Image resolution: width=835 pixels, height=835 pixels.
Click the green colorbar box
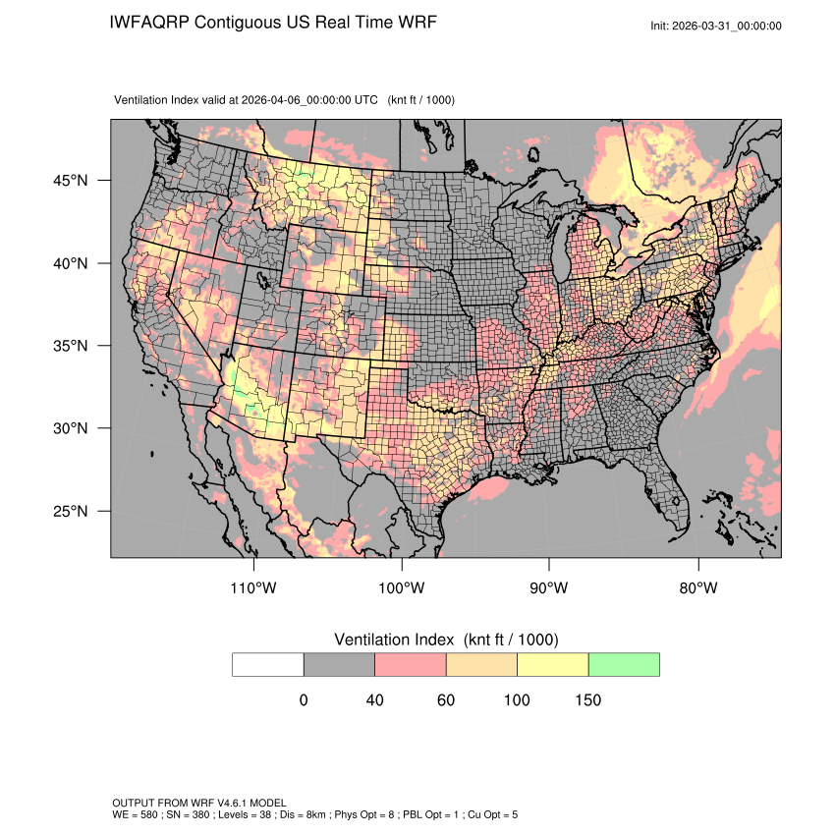[624, 664]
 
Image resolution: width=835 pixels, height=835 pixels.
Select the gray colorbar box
[339, 664]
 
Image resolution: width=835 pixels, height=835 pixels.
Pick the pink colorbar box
[411, 664]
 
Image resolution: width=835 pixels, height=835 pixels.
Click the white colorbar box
[268, 664]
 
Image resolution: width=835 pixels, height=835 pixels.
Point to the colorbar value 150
[587, 700]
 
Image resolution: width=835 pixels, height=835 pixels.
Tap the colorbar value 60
[446, 700]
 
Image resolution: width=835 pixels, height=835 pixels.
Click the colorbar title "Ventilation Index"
[396, 640]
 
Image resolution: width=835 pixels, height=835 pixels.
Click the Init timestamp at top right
[716, 26]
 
